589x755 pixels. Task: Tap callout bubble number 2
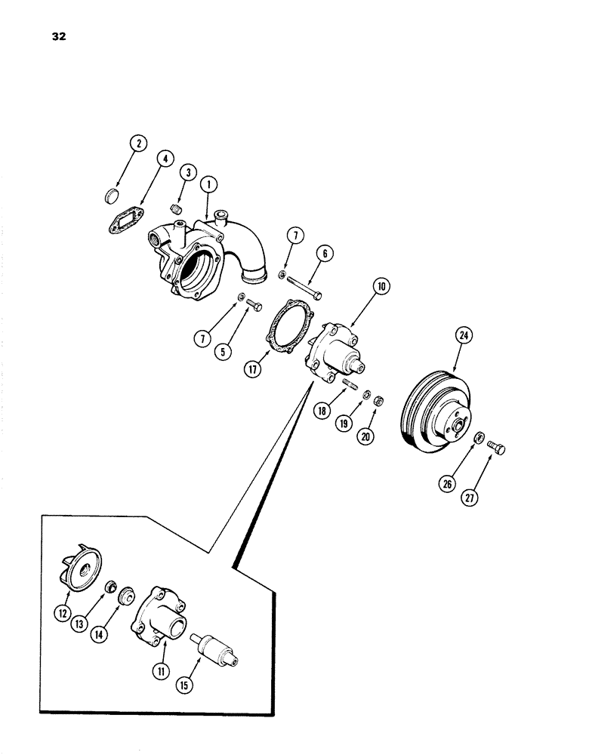[137, 142]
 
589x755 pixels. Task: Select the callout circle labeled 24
[462, 334]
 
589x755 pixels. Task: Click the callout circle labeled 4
[165, 159]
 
